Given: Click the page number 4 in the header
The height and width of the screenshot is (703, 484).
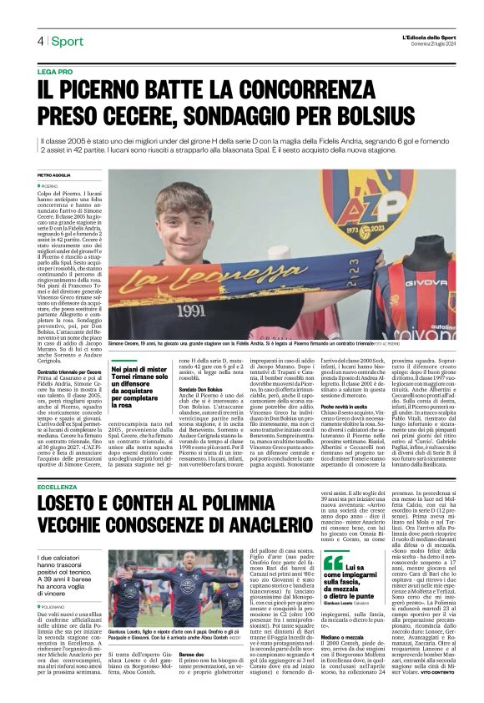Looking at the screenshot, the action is coord(39,41).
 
